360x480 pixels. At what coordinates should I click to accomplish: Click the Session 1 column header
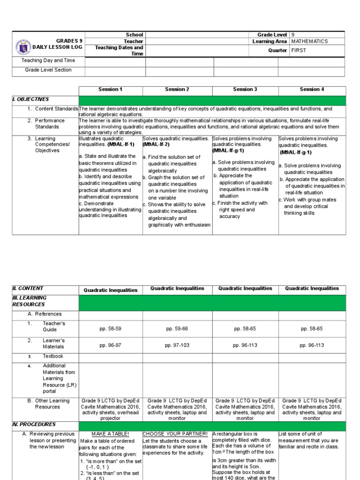click(x=110, y=90)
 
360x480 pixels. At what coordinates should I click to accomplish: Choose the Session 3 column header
click(x=245, y=90)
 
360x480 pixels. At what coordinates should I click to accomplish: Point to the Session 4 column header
click(x=312, y=90)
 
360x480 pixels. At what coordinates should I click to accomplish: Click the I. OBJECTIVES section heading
click(x=30, y=99)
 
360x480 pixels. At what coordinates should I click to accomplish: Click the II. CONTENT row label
click(x=28, y=289)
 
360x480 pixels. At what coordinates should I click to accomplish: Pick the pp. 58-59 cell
click(x=110, y=329)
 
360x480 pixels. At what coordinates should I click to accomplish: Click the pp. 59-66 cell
click(x=177, y=329)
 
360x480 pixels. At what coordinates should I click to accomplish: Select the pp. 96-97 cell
click(x=110, y=345)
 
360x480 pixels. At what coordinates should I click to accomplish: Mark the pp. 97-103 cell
click(x=177, y=345)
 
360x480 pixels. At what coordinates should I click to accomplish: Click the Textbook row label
click(x=53, y=356)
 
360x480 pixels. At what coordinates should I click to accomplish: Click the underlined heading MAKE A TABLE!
click(x=110, y=434)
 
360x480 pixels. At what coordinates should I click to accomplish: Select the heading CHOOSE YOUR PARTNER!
click(x=175, y=434)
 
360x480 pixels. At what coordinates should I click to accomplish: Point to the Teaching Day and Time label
click(x=48, y=60)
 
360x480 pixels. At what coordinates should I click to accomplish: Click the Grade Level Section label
click(x=48, y=70)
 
